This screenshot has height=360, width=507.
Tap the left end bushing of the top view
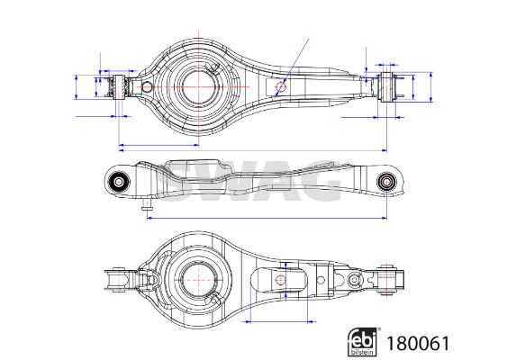pyautogui.click(x=116, y=88)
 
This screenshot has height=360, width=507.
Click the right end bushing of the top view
pyautogui.click(x=390, y=90)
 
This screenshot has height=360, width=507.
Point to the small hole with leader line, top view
pyautogui.click(x=281, y=88)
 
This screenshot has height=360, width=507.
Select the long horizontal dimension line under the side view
pyautogui.click(x=267, y=217)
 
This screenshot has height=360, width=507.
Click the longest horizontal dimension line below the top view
pyautogui.click(x=252, y=147)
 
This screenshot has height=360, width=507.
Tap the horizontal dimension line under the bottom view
pyautogui.click(x=279, y=320)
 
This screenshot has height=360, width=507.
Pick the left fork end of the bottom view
pyautogui.click(x=114, y=280)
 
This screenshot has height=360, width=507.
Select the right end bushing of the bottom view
pyautogui.click(x=390, y=278)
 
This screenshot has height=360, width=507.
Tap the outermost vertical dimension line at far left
pyautogui.click(x=72, y=87)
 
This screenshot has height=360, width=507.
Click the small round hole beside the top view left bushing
pyautogui.click(x=143, y=85)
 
